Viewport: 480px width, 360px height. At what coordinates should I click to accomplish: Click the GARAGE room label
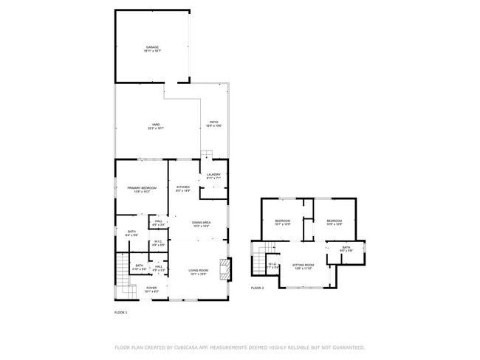152,48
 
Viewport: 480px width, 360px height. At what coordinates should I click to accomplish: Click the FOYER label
151,289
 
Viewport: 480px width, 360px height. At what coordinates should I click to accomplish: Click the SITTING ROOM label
304,266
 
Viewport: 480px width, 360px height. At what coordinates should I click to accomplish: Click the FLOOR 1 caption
120,313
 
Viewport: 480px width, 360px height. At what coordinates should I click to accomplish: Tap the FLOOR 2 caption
257,288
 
